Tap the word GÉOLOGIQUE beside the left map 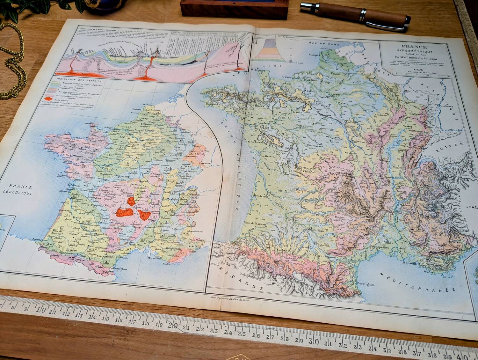[21, 194]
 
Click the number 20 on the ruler [174, 325]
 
